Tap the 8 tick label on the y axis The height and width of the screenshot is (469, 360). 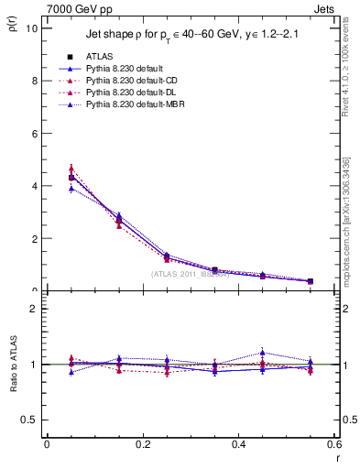[34, 81]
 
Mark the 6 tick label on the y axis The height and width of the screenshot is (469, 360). [34, 133]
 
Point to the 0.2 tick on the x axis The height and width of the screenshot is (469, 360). [142, 444]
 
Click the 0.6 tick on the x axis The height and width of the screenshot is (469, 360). [333, 444]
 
